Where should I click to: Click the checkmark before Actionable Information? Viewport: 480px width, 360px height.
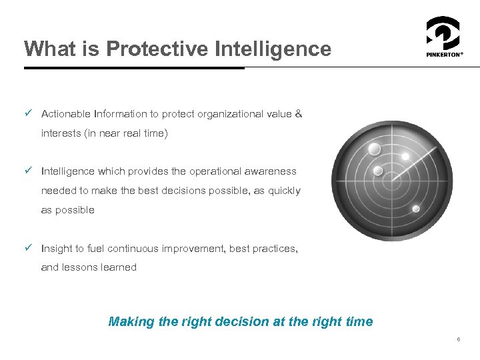(x=28, y=114)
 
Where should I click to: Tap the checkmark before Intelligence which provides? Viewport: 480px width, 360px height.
(x=28, y=171)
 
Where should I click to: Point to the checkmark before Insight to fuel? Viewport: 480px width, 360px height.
(x=28, y=248)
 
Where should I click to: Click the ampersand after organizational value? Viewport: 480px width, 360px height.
(x=298, y=114)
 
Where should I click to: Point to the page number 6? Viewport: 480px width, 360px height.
(x=458, y=340)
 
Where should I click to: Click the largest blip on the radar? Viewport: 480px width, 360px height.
(x=374, y=148)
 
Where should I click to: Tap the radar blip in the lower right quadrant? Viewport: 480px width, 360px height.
(x=416, y=209)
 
